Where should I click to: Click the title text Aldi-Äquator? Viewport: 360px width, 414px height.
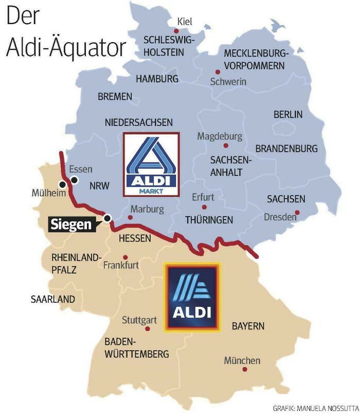click(x=66, y=47)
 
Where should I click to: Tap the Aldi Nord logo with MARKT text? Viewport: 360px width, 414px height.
click(x=151, y=164)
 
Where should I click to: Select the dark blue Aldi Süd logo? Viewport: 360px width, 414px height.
click(x=191, y=297)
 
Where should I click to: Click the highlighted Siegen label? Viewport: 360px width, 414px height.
click(x=71, y=225)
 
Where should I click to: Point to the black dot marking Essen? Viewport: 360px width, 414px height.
click(x=75, y=180)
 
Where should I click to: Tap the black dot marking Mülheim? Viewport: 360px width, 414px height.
click(x=63, y=184)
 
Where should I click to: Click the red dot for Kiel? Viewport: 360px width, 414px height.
click(x=176, y=30)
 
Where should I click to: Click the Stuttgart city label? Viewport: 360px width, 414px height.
click(x=139, y=320)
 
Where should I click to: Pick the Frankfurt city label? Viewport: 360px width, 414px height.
click(x=121, y=265)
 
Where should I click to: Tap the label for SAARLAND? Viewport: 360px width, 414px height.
click(x=52, y=299)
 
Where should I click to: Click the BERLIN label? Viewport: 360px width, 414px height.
click(x=288, y=114)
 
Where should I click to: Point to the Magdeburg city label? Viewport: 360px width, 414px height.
click(x=220, y=137)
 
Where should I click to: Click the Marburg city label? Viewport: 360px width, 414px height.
click(x=147, y=209)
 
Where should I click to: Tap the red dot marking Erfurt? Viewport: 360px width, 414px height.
click(x=204, y=207)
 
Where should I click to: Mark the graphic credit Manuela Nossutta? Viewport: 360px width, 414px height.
click(x=316, y=408)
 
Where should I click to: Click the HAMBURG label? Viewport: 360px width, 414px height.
click(x=157, y=79)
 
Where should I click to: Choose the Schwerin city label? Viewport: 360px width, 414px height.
click(x=228, y=82)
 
